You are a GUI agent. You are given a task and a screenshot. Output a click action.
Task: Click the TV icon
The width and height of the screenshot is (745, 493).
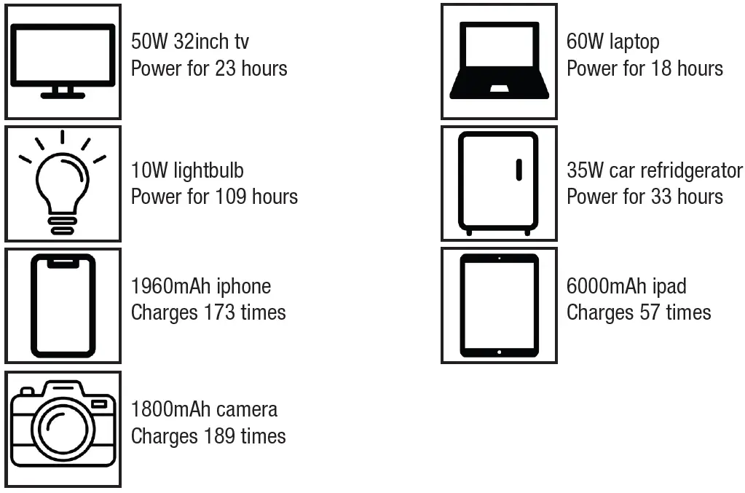[x=63, y=61]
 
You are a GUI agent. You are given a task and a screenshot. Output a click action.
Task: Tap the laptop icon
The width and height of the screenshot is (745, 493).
[x=499, y=61]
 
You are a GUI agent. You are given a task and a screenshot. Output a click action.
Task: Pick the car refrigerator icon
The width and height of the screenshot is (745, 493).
[x=499, y=183]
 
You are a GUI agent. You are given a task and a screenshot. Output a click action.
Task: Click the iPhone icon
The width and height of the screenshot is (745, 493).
[x=63, y=305]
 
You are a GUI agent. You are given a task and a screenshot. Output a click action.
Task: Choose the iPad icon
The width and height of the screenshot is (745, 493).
[x=499, y=305]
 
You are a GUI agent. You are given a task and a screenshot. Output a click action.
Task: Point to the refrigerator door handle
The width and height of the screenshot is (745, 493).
[x=519, y=169]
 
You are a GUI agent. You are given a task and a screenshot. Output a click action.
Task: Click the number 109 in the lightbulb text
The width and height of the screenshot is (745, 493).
[x=232, y=197]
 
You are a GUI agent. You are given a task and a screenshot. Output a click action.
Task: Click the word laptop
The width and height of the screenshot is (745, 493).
[x=634, y=42]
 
